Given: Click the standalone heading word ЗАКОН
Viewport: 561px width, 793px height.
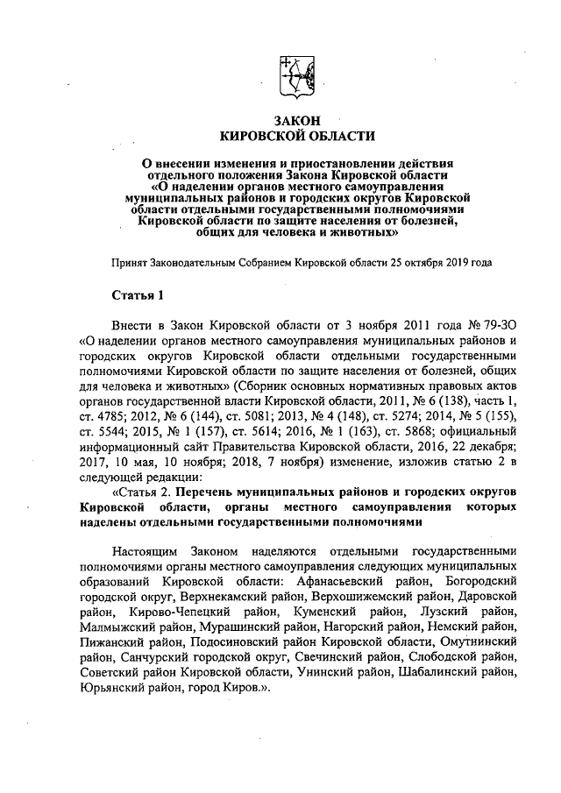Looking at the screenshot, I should pyautogui.click(x=298, y=119).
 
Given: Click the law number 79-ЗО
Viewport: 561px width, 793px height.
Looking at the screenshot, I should pyautogui.click(x=486, y=323).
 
